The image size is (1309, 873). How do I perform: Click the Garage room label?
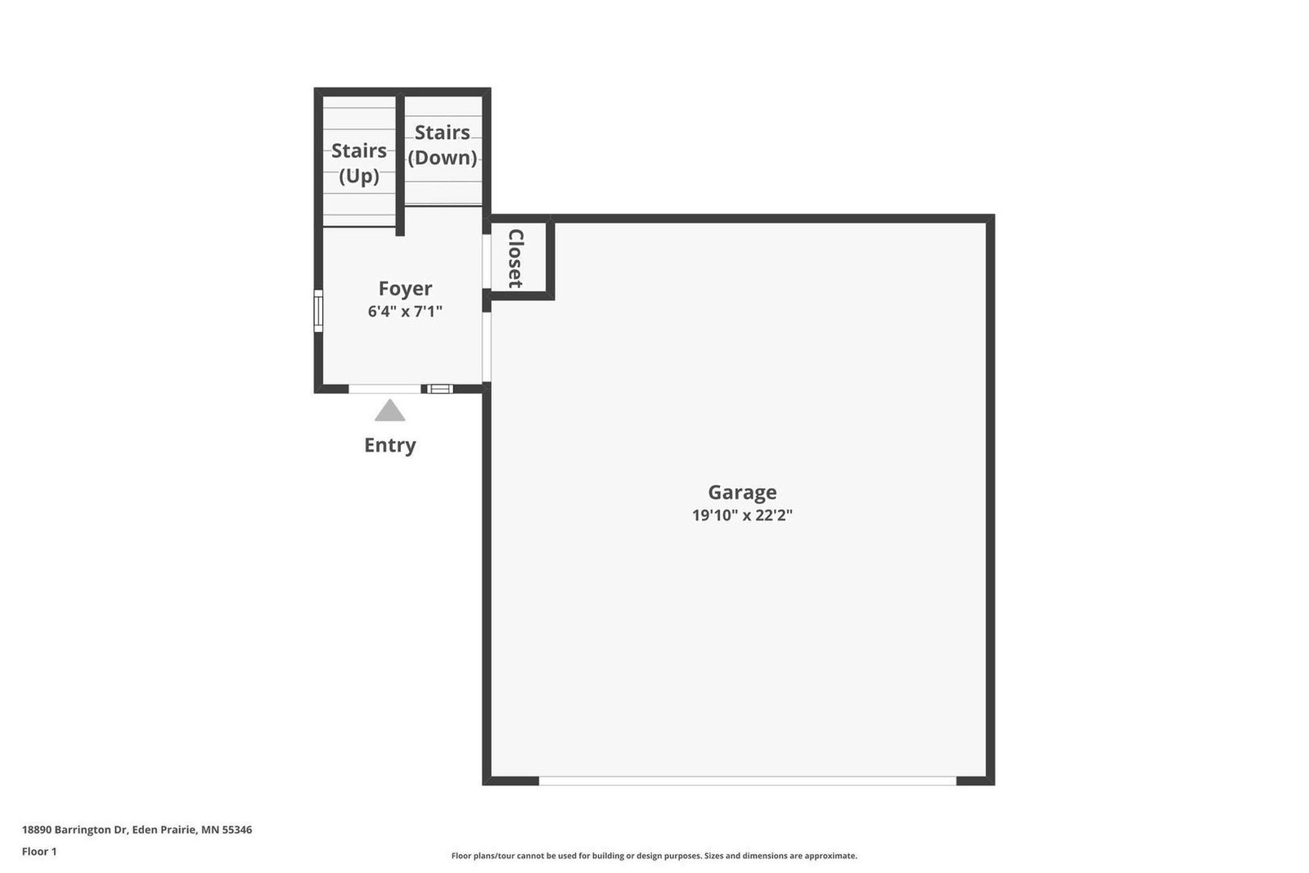click(x=742, y=493)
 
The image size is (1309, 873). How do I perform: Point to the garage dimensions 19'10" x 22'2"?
click(x=742, y=515)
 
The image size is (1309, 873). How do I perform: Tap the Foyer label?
click(x=405, y=289)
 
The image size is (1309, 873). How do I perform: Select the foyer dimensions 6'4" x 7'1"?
click(x=405, y=312)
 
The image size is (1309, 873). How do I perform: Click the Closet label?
click(x=515, y=259)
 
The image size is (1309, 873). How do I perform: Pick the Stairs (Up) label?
click(x=359, y=163)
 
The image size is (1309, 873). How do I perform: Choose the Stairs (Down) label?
click(x=443, y=145)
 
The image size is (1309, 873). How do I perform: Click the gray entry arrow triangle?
click(x=389, y=410)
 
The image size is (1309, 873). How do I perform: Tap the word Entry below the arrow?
click(x=389, y=445)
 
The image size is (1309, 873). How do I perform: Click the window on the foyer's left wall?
click(x=318, y=311)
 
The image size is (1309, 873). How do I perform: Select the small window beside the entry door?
click(x=439, y=389)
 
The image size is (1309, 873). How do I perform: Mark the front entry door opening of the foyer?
click(x=385, y=389)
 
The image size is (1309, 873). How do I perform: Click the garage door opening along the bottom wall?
click(x=748, y=781)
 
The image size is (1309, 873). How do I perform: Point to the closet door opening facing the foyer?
click(x=486, y=261)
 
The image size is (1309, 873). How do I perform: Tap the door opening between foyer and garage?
click(x=486, y=347)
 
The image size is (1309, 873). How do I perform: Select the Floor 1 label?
click(x=39, y=852)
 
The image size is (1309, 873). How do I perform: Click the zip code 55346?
click(x=236, y=830)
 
